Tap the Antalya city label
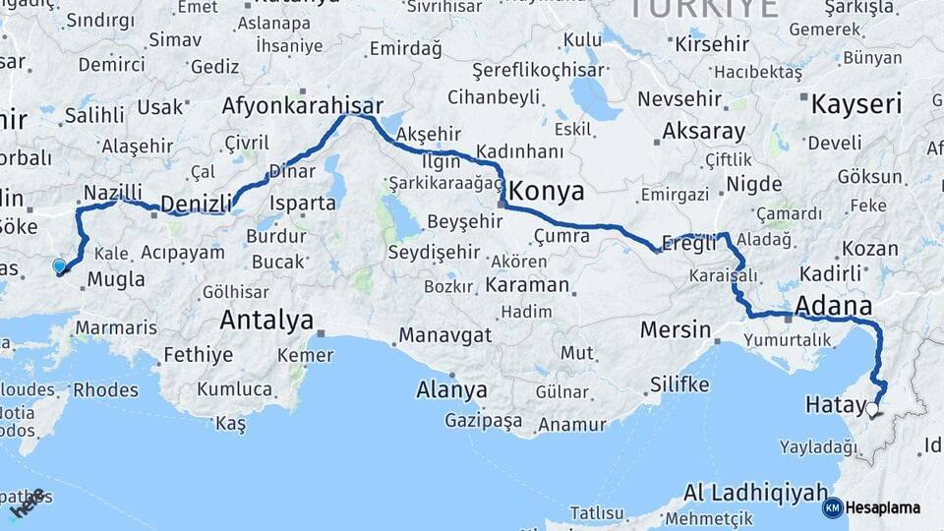(x=266, y=320)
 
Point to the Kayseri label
(x=855, y=103)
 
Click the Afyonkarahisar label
(x=302, y=105)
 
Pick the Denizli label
(x=196, y=204)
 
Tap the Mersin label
(x=675, y=328)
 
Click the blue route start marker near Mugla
(x=59, y=265)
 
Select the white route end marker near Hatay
(x=872, y=408)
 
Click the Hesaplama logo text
(x=883, y=507)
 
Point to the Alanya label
(x=451, y=388)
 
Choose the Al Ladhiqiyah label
(x=753, y=491)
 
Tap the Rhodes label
(x=105, y=389)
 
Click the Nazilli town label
(x=113, y=192)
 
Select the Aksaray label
(x=703, y=131)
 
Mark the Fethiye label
(x=198, y=354)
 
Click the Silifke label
(x=679, y=383)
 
